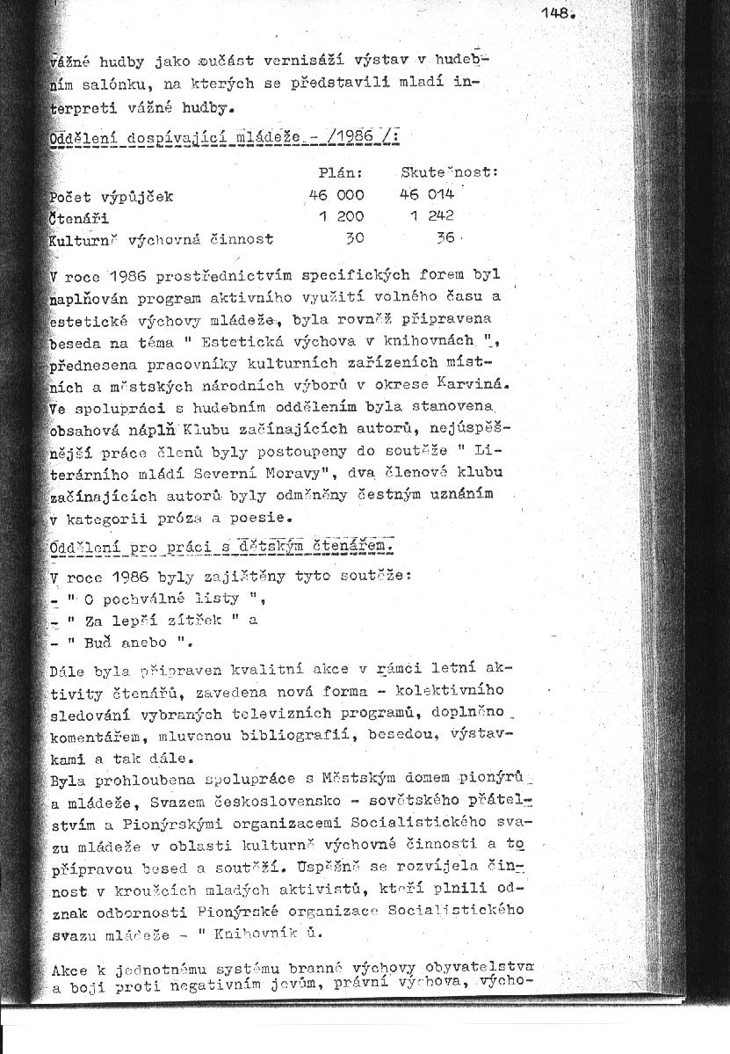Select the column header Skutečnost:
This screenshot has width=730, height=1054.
pos(449,172)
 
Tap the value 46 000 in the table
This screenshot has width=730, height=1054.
pos(336,195)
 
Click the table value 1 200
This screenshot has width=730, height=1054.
pos(342,216)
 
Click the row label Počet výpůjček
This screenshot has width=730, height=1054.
pos(112,195)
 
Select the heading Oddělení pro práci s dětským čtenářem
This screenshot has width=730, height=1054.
pos(221,549)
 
